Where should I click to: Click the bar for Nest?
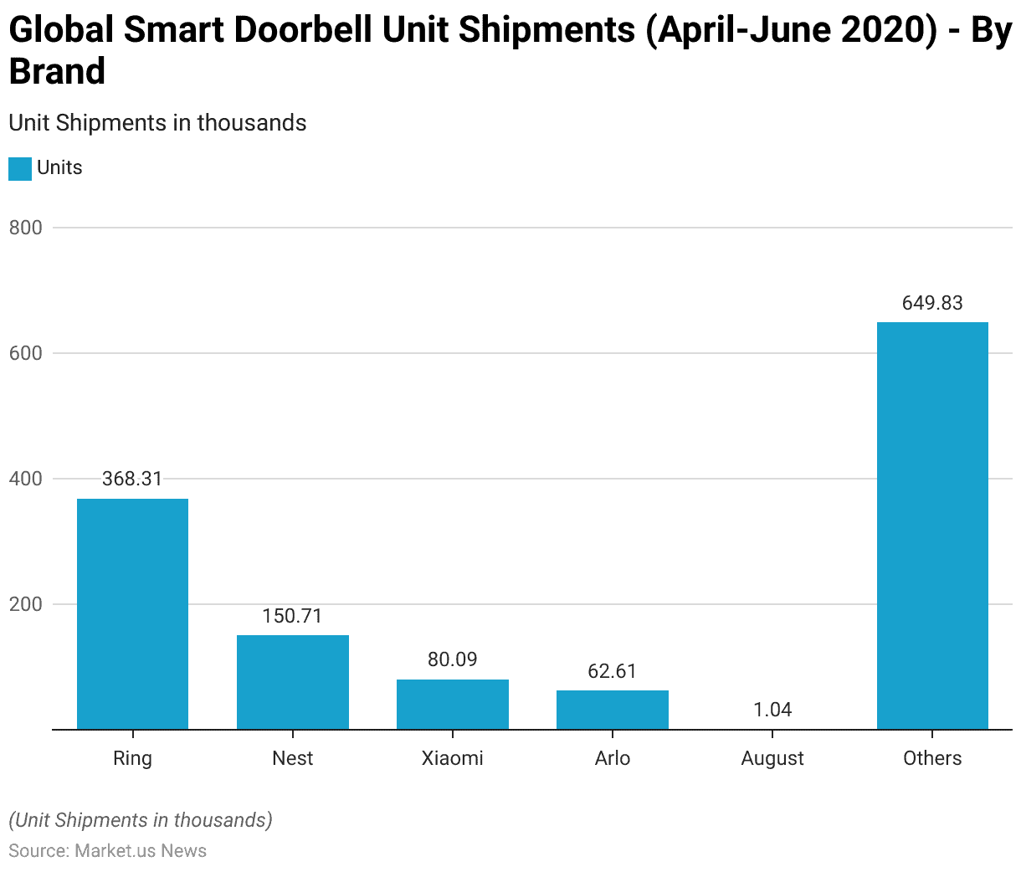coord(292,682)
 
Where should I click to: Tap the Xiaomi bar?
coord(452,704)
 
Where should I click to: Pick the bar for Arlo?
coord(612,710)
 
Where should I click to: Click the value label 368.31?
coord(132,479)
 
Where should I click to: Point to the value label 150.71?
coord(292,616)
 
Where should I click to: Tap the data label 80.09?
coord(452,659)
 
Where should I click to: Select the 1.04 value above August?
coord(772,710)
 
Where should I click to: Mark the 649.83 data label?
coord(932,303)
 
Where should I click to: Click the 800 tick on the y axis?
coord(25,228)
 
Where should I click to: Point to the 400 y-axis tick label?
coord(25,479)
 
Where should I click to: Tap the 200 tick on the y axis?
coord(25,604)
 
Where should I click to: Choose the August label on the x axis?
coord(772,758)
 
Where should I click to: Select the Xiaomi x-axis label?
coord(452,758)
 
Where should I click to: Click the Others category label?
coord(932,758)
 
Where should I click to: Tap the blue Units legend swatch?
coord(20,168)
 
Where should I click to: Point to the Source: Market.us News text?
coord(107,851)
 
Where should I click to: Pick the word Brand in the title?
coord(57,72)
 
